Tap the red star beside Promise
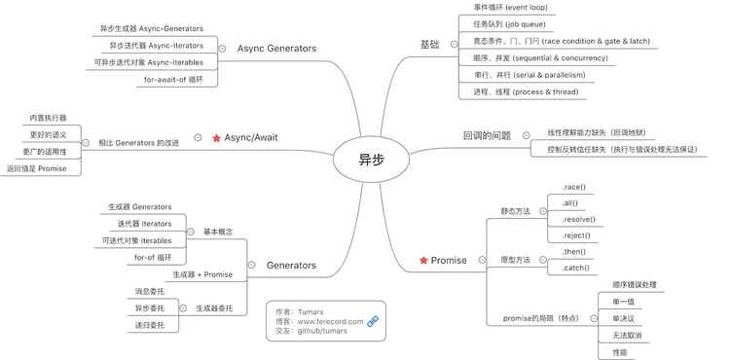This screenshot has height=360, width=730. coord(423,260)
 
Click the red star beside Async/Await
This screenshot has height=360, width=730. coord(216,138)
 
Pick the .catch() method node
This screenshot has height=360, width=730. coord(575,267)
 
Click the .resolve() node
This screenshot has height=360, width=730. coord(579,219)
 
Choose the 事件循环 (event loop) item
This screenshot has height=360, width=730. coord(510,7)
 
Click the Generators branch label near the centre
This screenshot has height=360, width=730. coord(291,264)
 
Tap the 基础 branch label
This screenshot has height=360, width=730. coord(429,45)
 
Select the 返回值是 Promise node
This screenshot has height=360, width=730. coord(36,168)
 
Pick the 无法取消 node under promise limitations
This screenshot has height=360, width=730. coord(626,335)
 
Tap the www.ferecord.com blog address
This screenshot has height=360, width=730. coord(330,320)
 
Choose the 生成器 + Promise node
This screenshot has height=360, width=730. coord(203,274)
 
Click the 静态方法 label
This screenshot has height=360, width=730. coord(516,211)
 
